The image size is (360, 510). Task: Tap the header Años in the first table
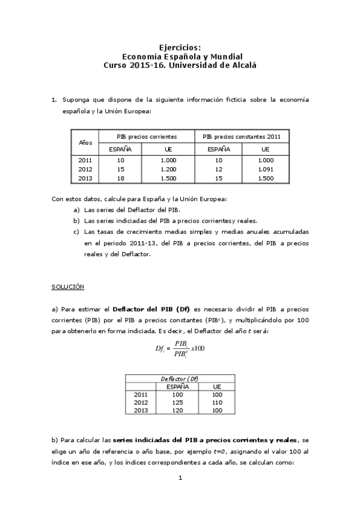click(x=85, y=143)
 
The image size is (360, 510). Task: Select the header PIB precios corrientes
click(x=147, y=137)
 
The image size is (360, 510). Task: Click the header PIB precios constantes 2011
click(x=242, y=137)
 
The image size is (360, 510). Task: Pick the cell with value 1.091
click(x=265, y=169)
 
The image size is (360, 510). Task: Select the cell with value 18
click(x=120, y=178)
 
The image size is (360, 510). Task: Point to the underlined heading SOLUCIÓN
click(x=68, y=287)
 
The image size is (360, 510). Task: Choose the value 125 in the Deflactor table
click(x=177, y=402)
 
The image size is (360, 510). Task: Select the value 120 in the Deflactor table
click(x=177, y=410)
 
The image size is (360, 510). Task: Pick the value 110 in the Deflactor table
click(x=217, y=402)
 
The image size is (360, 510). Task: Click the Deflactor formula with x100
click(x=180, y=348)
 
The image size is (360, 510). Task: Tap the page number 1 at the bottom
click(x=180, y=478)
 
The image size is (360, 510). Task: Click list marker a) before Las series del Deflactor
click(x=76, y=210)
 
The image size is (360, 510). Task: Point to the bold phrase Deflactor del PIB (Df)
click(x=151, y=309)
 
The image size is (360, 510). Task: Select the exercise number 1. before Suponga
click(x=54, y=99)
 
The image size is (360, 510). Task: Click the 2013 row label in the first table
click(x=85, y=178)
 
